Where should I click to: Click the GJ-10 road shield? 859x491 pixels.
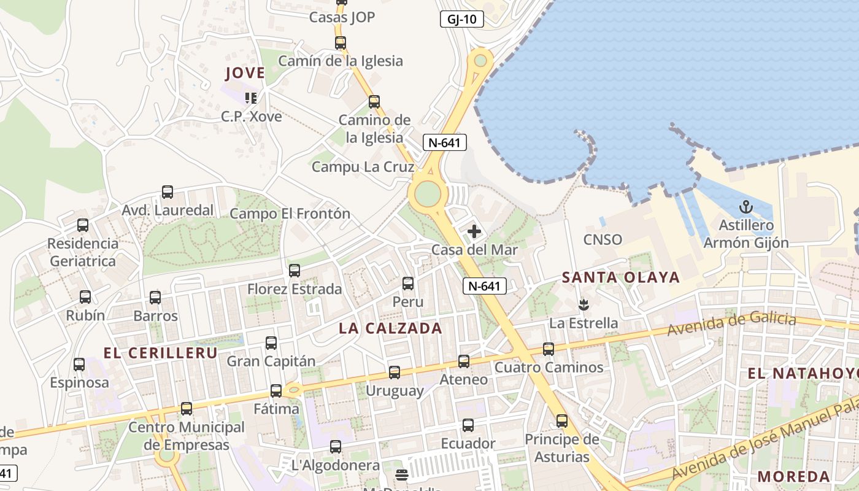click(462, 19)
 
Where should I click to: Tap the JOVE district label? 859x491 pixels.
click(245, 73)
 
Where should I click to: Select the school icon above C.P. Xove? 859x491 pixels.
click(250, 98)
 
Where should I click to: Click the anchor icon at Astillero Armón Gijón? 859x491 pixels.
click(746, 207)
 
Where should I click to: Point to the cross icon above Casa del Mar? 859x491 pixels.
click(474, 231)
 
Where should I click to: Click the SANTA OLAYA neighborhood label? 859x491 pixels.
click(621, 277)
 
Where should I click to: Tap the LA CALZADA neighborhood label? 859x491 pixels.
click(390, 328)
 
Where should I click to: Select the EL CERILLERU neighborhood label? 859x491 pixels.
click(160, 353)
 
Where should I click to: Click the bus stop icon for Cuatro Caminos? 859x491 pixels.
click(549, 349)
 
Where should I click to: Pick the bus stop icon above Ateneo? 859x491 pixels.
click(464, 361)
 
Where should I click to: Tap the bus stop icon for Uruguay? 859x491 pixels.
click(395, 372)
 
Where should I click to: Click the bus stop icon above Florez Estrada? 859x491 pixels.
click(295, 270)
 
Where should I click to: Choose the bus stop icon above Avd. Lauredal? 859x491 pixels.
click(168, 191)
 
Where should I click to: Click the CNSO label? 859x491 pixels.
click(603, 239)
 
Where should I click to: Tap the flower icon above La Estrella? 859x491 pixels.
click(584, 304)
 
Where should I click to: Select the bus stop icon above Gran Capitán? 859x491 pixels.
click(271, 343)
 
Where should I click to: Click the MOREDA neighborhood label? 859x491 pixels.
click(793, 476)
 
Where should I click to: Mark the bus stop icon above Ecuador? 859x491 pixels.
click(468, 425)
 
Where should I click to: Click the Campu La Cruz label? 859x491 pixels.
click(363, 167)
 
